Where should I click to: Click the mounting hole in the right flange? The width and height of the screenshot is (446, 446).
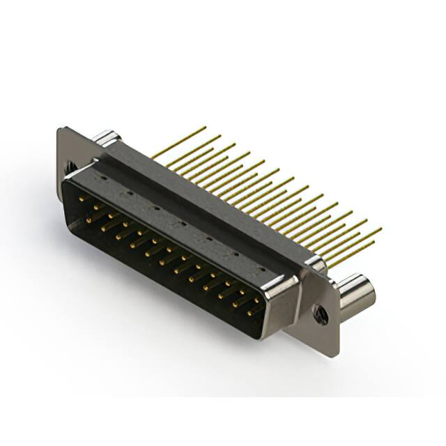coord(321,314)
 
